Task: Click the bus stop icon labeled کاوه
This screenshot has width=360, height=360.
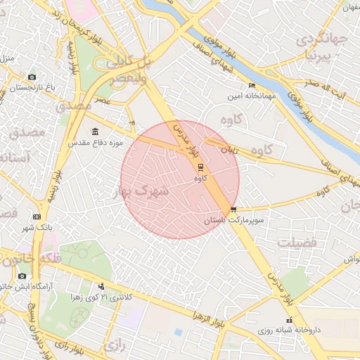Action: tap(200, 167)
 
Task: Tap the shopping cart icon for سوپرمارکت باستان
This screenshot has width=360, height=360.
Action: tap(233, 209)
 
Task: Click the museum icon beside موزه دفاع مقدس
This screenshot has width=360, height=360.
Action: tap(96, 131)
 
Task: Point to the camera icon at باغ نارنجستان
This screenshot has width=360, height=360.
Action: tap(32, 77)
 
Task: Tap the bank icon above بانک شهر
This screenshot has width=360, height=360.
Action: tap(37, 217)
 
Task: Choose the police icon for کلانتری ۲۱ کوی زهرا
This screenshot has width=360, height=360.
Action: tap(102, 286)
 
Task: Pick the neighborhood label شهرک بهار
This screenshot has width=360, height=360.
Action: tap(141, 190)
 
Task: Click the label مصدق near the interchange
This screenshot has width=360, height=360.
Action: tap(74, 105)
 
